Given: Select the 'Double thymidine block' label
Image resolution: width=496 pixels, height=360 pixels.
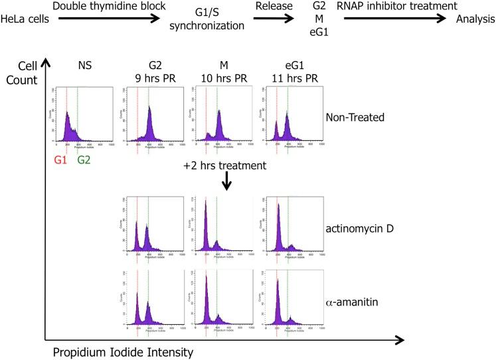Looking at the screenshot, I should click(x=108, y=7).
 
